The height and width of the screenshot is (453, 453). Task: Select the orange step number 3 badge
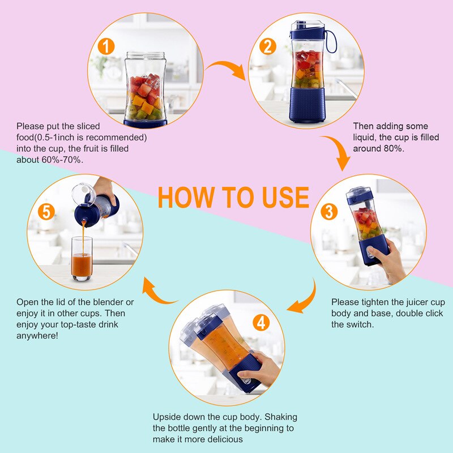click(x=330, y=212)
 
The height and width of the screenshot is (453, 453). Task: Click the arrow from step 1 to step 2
click(x=225, y=71)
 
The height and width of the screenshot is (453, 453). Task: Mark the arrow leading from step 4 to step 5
click(x=159, y=292)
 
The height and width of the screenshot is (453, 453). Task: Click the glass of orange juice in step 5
click(x=82, y=259)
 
